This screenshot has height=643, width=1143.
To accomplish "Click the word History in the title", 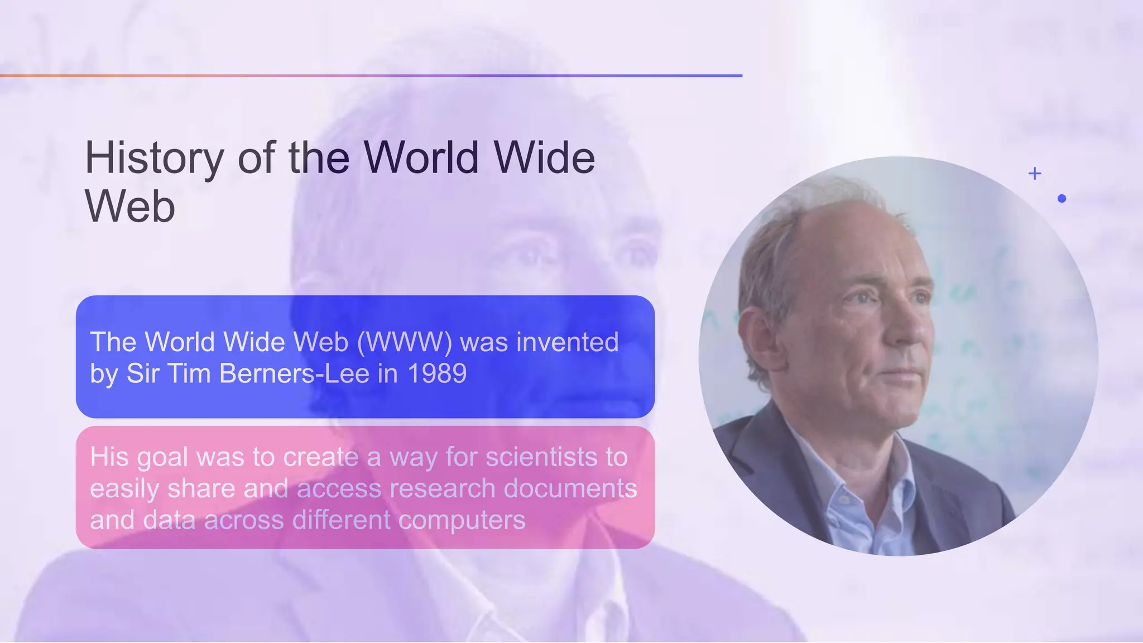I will point(154,158).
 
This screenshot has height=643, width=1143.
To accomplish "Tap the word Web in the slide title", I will point(130,207).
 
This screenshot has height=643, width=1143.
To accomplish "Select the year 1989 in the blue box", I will point(437,373).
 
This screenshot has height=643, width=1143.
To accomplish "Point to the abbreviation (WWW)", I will point(404,342).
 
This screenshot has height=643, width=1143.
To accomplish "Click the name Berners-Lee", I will point(294,373).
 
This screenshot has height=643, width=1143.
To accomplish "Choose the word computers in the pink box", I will point(462,520).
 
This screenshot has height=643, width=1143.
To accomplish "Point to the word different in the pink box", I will point(342,520).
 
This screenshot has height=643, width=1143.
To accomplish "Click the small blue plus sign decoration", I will point(1035,174).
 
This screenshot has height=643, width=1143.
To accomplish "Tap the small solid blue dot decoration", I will point(1062,198).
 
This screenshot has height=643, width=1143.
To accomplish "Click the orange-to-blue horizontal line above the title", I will point(371,75).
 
